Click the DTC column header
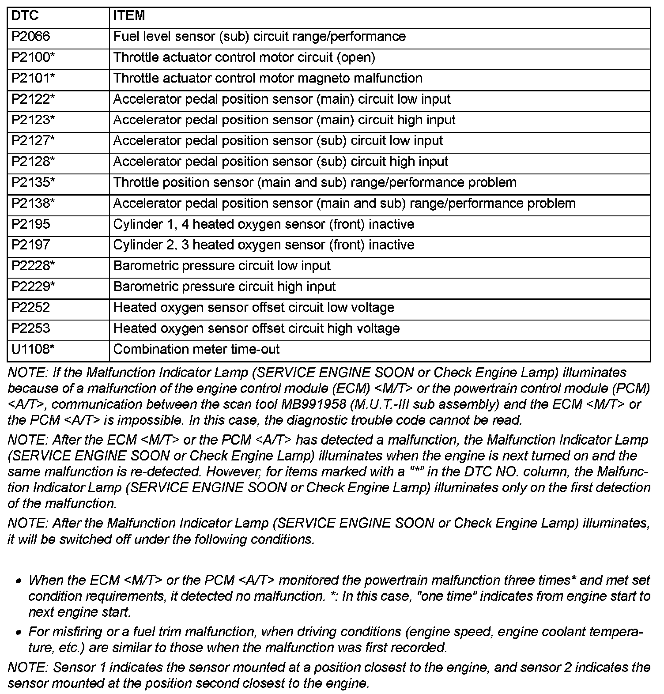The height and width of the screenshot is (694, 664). [25, 16]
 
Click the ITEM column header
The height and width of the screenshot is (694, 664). [129, 16]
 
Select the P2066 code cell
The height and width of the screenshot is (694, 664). [31, 37]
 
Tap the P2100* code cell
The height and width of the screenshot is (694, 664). [33, 57]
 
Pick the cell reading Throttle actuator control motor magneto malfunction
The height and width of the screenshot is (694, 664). [268, 78]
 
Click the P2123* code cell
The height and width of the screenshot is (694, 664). [33, 120]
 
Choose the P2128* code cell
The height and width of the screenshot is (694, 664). [33, 162]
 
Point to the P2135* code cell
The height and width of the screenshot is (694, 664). [33, 182]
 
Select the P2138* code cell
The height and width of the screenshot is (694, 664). [33, 204]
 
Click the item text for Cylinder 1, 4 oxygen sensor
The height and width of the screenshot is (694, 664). [264, 224]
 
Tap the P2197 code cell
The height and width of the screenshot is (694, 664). [31, 245]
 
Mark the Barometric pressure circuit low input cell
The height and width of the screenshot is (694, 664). [222, 266]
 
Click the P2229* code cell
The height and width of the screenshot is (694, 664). [33, 287]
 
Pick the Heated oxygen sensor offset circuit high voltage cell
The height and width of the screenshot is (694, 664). [256, 328]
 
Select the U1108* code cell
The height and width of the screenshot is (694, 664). [33, 349]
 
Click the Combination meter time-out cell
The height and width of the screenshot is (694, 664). [196, 349]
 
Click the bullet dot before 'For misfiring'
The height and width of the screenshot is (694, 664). [18, 633]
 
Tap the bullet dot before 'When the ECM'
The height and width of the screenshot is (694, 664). [18, 581]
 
